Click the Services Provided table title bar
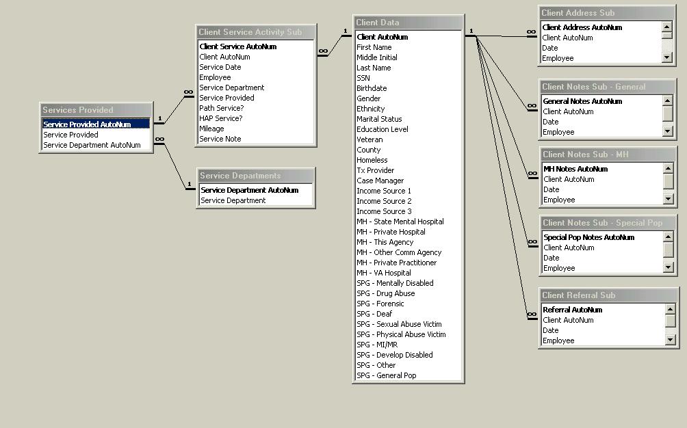click(96, 110)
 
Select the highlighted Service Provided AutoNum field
click(87, 124)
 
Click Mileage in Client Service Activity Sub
click(211, 129)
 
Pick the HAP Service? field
click(220, 118)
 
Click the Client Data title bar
click(408, 23)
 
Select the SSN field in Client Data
click(363, 78)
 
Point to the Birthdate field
click(372, 88)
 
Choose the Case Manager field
click(380, 180)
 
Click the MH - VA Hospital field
click(383, 273)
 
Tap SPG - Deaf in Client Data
click(375, 314)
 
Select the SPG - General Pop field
click(386, 375)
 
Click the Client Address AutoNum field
click(582, 27)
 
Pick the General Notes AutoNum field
click(582, 101)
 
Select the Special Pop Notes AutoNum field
click(588, 237)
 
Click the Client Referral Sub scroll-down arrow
click(669, 340)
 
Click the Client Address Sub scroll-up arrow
click(667, 27)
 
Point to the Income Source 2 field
click(384, 201)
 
